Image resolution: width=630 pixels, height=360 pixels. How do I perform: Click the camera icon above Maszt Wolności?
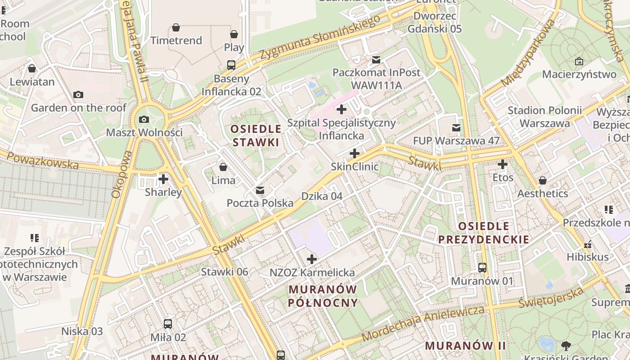pyautogui.click(x=144, y=119)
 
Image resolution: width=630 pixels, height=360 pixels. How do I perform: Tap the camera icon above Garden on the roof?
pyautogui.click(x=78, y=94)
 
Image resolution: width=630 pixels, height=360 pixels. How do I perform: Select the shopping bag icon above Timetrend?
pyautogui.click(x=176, y=27)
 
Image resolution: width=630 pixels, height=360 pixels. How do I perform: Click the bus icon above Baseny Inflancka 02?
pyautogui.click(x=231, y=65)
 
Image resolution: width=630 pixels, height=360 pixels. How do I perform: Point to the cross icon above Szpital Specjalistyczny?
pyautogui.click(x=342, y=109)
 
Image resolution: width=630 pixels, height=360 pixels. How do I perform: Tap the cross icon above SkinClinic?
pyautogui.click(x=355, y=153)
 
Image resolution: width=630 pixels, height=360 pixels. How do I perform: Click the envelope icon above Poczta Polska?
pyautogui.click(x=260, y=190)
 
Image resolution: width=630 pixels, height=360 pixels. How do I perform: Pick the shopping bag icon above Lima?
pyautogui.click(x=223, y=167)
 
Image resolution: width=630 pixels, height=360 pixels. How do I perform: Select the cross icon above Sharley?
pyautogui.click(x=163, y=179)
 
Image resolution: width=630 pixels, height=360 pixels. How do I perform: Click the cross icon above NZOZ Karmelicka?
pyautogui.click(x=311, y=259)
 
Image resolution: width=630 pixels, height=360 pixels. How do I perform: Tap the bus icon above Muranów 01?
pyautogui.click(x=482, y=268)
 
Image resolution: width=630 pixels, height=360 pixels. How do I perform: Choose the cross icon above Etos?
pyautogui.click(x=503, y=164)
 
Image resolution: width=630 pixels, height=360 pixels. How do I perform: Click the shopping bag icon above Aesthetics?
pyautogui.click(x=543, y=180)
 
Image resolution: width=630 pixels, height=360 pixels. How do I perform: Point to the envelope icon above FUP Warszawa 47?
pyautogui.click(x=456, y=128)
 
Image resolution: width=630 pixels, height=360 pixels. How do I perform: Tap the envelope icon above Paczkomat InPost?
pyautogui.click(x=376, y=59)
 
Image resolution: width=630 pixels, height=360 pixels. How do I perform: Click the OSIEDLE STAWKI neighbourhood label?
pyautogui.click(x=256, y=135)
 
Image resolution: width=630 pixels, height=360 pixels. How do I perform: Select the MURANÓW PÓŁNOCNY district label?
pyautogui.click(x=323, y=296)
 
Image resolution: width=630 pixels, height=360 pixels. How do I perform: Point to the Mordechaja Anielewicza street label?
pyautogui.click(x=423, y=323)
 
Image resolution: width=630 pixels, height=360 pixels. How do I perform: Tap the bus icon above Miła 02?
pyautogui.click(x=168, y=324)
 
